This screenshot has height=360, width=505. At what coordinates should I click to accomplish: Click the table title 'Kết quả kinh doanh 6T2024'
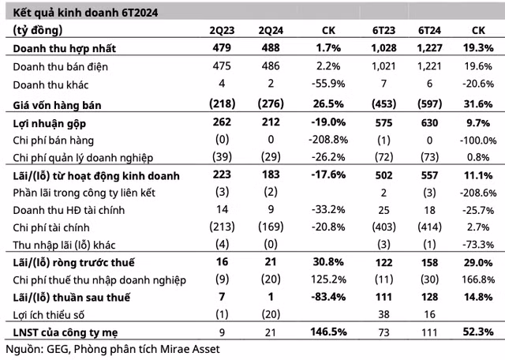click(x=85, y=13)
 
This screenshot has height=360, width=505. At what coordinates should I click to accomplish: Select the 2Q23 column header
click(x=222, y=30)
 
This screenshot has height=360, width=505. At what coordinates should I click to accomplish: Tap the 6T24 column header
click(x=429, y=30)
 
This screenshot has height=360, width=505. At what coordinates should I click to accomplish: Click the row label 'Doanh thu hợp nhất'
click(x=65, y=48)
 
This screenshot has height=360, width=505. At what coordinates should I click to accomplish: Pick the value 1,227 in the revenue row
click(x=429, y=48)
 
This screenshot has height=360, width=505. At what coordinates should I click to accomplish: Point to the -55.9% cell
click(x=328, y=84)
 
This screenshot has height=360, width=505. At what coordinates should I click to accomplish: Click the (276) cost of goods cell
click(x=271, y=103)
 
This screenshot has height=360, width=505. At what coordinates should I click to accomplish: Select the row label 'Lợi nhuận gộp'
click(x=49, y=124)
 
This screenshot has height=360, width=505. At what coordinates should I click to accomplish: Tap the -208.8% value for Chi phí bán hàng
click(x=328, y=140)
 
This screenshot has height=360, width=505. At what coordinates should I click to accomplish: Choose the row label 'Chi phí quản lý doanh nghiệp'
click(x=83, y=158)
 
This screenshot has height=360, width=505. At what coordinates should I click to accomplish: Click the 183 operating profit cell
click(x=271, y=174)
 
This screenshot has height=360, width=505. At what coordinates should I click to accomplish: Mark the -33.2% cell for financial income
click(x=328, y=209)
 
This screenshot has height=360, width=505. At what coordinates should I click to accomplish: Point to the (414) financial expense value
click(x=429, y=227)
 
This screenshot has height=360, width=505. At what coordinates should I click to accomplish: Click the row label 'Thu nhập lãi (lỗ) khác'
click(x=64, y=245)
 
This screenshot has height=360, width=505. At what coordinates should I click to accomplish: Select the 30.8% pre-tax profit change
click(x=328, y=262)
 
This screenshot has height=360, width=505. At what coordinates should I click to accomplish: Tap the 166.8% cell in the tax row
click(x=478, y=279)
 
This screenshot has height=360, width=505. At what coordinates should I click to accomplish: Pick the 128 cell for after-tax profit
click(x=429, y=297)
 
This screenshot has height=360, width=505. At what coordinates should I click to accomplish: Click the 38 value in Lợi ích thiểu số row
click(x=383, y=314)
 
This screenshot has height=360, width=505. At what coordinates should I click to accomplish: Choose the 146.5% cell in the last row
click(x=328, y=332)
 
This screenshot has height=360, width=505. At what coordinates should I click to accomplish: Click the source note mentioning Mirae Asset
click(x=113, y=349)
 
